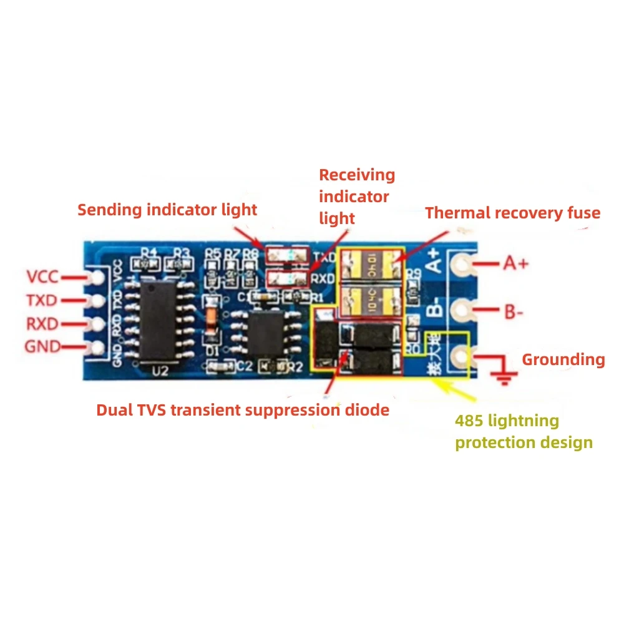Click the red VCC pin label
coord(42,276)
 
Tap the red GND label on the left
coord(42,346)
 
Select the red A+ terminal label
coord(515,263)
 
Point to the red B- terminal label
coord(514,311)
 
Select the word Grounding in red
coord(563,359)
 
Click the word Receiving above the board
coord(357,175)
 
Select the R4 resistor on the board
coord(149,263)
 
